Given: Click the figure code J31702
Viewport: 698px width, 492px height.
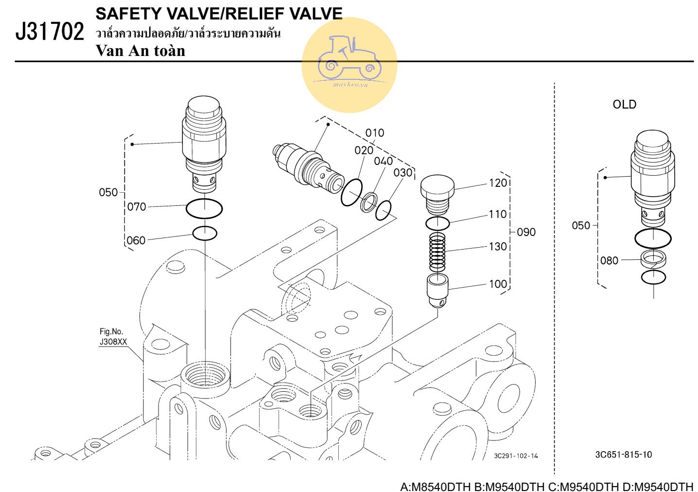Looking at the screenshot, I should (x=50, y=32).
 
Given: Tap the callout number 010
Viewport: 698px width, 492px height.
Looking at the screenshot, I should (x=375, y=133).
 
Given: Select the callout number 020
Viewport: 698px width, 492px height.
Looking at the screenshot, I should (x=364, y=150).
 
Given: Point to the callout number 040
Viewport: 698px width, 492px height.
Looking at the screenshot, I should (x=384, y=161).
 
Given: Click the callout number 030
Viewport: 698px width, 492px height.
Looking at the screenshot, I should (x=403, y=173).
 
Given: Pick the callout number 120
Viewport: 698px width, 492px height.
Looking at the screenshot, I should (x=498, y=183).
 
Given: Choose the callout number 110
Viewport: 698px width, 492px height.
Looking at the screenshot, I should (x=498, y=214).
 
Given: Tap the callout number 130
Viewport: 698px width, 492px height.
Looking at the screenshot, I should (x=498, y=247).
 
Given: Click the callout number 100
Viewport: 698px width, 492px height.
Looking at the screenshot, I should (x=498, y=284).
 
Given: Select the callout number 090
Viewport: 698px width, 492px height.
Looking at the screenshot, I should (x=526, y=232).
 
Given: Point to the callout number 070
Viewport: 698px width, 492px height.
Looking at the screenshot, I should (x=137, y=207).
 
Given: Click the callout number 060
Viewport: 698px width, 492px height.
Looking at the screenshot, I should (x=136, y=240).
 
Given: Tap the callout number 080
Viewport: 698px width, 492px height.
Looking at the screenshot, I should (x=609, y=260).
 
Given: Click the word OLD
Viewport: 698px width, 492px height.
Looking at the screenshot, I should (x=624, y=105).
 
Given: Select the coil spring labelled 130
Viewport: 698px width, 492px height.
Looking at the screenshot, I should (x=437, y=252).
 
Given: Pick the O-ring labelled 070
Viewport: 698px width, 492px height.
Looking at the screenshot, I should (x=204, y=209).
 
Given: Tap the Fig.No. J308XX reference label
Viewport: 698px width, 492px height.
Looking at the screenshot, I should (x=113, y=337).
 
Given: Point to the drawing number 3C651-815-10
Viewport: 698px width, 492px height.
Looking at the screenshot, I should (x=624, y=455).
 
